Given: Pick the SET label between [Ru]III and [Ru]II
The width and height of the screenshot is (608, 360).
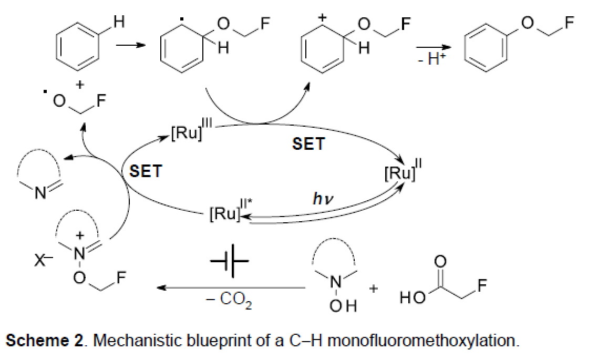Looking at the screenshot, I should coord(308,143).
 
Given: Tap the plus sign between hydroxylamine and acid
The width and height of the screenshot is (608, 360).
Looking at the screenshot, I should coord(374,289).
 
